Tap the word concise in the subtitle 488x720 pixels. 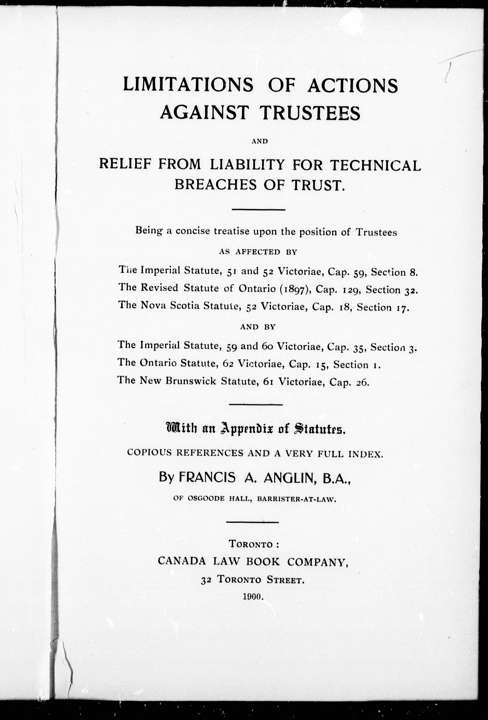click(193, 231)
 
